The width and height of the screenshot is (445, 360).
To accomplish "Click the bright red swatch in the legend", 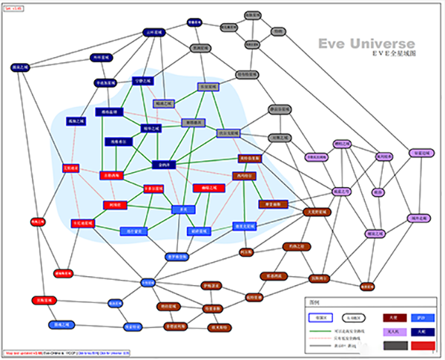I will coord(421,344).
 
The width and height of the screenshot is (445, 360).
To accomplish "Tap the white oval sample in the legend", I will coord(355,316).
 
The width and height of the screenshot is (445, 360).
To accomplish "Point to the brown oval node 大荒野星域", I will coord(320,212).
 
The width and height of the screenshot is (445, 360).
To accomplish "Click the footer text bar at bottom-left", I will coord(66,353).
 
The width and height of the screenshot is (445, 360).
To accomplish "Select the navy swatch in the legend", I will coord(421,331).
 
